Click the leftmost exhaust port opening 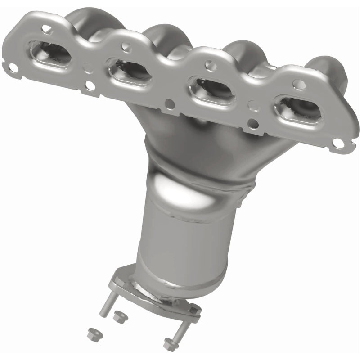tap(49, 54)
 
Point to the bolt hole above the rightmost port tap(298, 84)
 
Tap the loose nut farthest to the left tap(91, 333)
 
